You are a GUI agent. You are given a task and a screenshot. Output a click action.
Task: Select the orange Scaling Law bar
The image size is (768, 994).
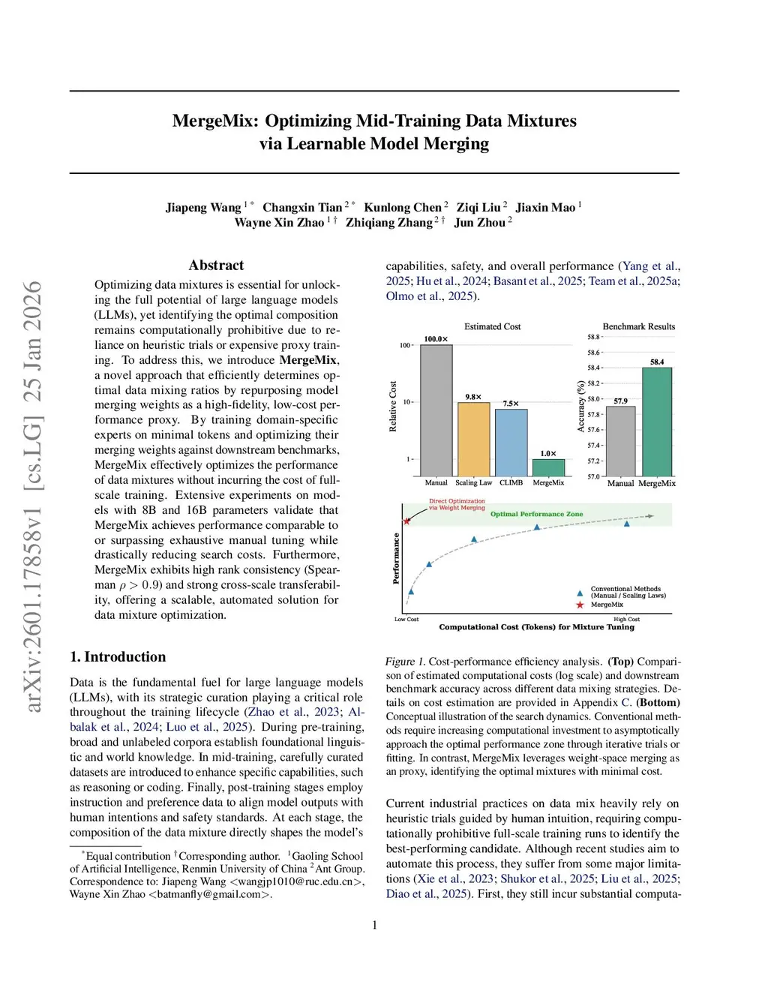(473, 439)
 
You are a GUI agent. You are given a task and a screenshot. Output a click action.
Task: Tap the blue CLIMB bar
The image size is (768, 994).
(511, 442)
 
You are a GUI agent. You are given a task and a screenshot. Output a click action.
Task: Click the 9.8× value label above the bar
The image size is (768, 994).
(473, 397)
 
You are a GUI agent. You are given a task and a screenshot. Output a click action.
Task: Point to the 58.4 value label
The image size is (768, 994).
(657, 362)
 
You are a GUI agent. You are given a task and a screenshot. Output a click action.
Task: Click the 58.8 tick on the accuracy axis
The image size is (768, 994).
(593, 337)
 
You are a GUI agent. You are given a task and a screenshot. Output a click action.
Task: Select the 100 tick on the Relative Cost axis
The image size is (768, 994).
(405, 346)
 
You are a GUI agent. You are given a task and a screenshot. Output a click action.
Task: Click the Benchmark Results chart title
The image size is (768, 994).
(638, 326)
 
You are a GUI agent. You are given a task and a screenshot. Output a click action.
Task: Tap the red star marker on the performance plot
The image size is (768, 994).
(407, 521)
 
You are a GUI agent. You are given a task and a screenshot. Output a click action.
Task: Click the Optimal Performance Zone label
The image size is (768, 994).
(536, 514)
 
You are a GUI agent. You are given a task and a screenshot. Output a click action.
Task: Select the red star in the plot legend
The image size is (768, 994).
(580, 605)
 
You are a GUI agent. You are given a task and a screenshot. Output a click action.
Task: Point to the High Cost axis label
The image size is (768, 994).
(626, 620)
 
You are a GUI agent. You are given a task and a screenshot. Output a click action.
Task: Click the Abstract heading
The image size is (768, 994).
(216, 265)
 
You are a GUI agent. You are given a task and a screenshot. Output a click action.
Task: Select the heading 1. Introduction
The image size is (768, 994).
(118, 656)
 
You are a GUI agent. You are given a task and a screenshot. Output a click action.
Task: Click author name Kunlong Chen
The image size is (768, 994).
(403, 208)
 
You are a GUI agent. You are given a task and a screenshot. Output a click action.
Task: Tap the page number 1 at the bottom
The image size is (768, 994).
(375, 925)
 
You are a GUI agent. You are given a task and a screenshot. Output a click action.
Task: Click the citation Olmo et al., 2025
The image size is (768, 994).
(430, 296)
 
